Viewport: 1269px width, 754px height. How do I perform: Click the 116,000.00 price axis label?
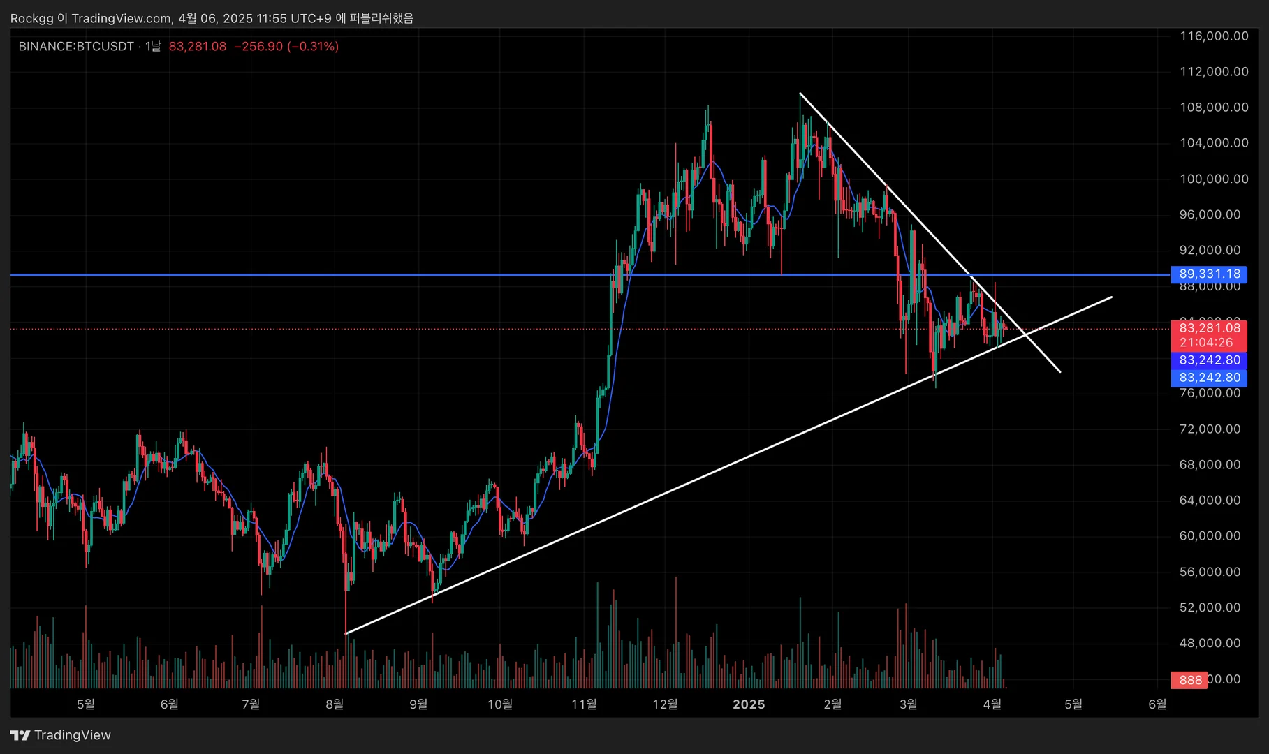coord(1214,36)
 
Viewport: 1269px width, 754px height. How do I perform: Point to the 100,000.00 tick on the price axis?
coord(1214,179)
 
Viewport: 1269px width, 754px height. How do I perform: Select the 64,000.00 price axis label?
coord(1210,500)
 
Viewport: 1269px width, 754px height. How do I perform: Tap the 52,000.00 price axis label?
coord(1210,607)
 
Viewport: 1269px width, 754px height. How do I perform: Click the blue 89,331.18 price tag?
coord(1210,274)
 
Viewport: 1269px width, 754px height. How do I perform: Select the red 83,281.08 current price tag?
coord(1210,327)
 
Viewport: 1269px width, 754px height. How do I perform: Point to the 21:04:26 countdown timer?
coord(1206,342)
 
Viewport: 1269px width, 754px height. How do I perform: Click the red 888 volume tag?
coord(1191,680)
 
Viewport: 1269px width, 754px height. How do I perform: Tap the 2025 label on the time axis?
coord(749,704)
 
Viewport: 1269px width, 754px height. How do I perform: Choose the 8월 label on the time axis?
coord(335,704)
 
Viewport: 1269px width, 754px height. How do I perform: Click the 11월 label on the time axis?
coord(584,704)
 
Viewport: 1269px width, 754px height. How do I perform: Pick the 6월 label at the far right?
coord(1157,704)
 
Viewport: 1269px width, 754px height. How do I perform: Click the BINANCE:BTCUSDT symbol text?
coord(76,47)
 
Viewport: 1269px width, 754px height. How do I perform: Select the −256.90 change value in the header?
coord(258,47)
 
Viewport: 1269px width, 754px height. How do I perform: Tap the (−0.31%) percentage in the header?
coord(313,47)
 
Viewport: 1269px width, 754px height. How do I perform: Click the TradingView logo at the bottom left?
coord(61,735)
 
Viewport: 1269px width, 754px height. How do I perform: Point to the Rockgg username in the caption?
coord(31,18)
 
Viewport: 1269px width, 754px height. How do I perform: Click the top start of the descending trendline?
coord(800,93)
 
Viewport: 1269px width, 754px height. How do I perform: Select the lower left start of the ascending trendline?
coord(346,633)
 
